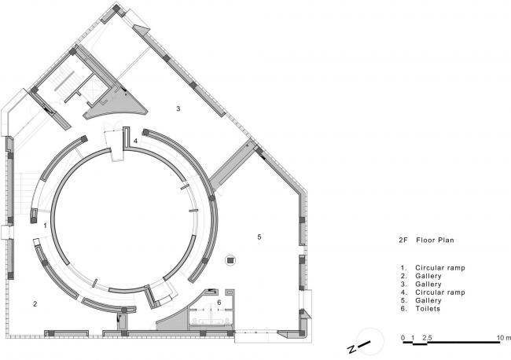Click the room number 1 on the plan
(x=46, y=226)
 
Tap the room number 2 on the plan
(x=35, y=304)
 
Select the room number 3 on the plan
(x=178, y=108)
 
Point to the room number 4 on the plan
(x=135, y=141)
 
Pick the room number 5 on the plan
(x=259, y=237)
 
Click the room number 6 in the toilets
(x=219, y=303)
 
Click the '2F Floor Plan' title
(x=426, y=241)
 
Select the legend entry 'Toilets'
(x=427, y=309)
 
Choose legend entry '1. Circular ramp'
(x=433, y=268)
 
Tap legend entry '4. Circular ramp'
(x=433, y=292)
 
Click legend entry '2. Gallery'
(x=421, y=276)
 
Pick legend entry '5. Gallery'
(x=421, y=300)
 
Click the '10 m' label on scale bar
(x=504, y=337)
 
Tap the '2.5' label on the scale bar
(x=427, y=337)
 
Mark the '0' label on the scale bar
(x=403, y=337)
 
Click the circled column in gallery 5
(x=230, y=260)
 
